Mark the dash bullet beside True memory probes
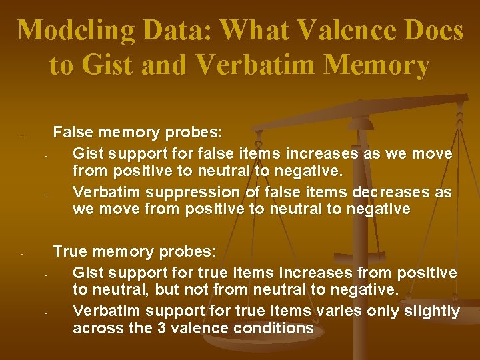(x=22, y=254)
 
